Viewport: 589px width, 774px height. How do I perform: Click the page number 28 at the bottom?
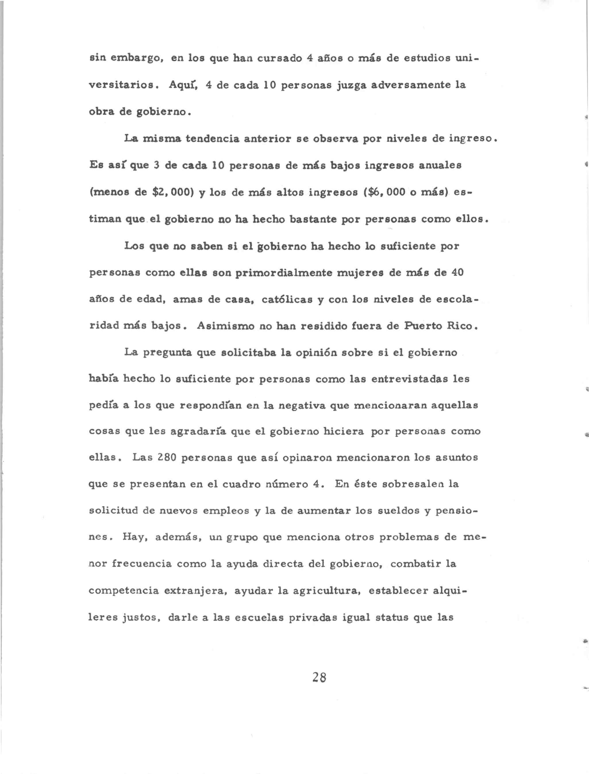[x=319, y=677]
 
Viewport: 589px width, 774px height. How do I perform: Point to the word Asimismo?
[x=225, y=326]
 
